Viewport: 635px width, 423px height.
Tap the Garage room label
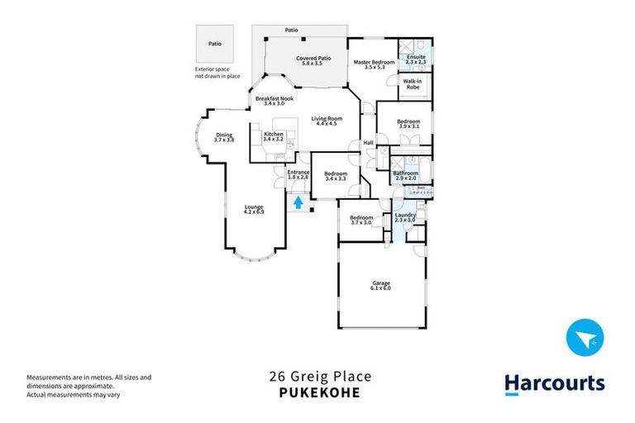click(380, 287)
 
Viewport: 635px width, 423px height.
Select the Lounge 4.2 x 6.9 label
click(253, 210)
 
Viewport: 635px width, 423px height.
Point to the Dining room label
click(224, 138)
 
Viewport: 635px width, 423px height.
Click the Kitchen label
click(273, 137)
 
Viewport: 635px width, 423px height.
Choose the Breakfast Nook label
click(274, 101)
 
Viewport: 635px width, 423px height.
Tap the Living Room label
click(327, 121)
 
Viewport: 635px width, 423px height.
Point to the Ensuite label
click(416, 59)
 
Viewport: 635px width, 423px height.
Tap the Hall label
click(369, 143)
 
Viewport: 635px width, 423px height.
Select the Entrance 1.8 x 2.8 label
click(298, 174)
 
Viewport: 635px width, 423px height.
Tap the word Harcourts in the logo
click(555, 383)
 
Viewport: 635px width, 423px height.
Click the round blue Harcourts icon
click(585, 338)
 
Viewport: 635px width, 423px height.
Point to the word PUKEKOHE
click(320, 392)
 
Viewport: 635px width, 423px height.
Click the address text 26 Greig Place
click(320, 377)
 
